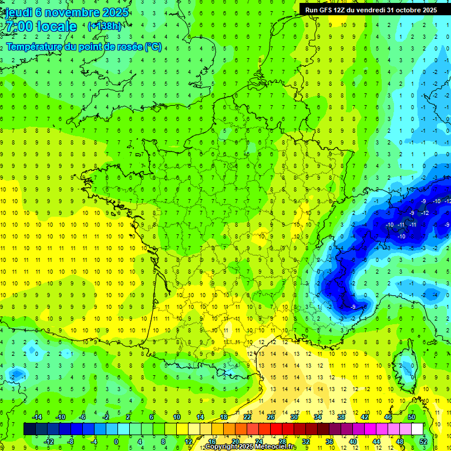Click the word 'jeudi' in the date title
19,12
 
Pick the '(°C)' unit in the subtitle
153,46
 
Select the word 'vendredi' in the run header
367,10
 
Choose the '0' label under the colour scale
116,442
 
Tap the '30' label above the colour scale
294,418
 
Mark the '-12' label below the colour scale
49,442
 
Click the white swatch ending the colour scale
418,429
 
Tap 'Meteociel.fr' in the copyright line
276,447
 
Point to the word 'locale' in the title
56,27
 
